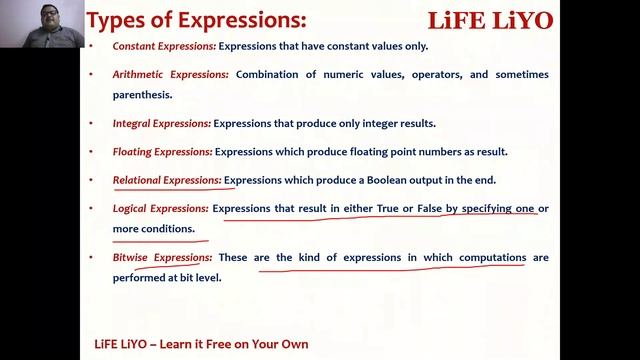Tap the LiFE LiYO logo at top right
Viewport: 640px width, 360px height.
click(489, 21)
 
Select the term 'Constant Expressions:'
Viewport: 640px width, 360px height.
click(163, 46)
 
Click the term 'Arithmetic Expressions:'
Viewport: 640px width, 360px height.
click(171, 75)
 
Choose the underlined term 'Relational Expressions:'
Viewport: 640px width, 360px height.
click(167, 180)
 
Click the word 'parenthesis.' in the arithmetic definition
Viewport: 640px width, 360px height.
click(143, 95)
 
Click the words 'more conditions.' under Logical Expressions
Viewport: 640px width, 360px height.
click(154, 228)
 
